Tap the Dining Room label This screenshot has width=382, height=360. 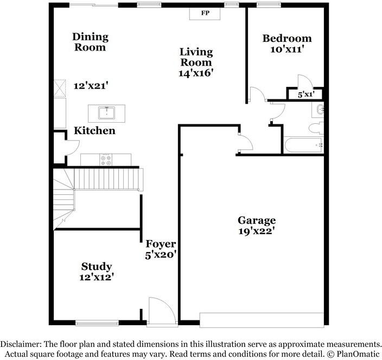(91, 42)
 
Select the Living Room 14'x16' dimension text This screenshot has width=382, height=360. (196, 72)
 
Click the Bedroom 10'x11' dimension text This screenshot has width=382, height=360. (286, 49)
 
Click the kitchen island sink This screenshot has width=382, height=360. (107, 113)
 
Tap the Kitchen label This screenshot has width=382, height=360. (94, 131)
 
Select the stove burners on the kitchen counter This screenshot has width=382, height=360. (106, 160)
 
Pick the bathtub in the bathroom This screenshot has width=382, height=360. (303, 145)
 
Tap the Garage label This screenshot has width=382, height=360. (257, 220)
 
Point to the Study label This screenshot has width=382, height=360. (97, 266)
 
